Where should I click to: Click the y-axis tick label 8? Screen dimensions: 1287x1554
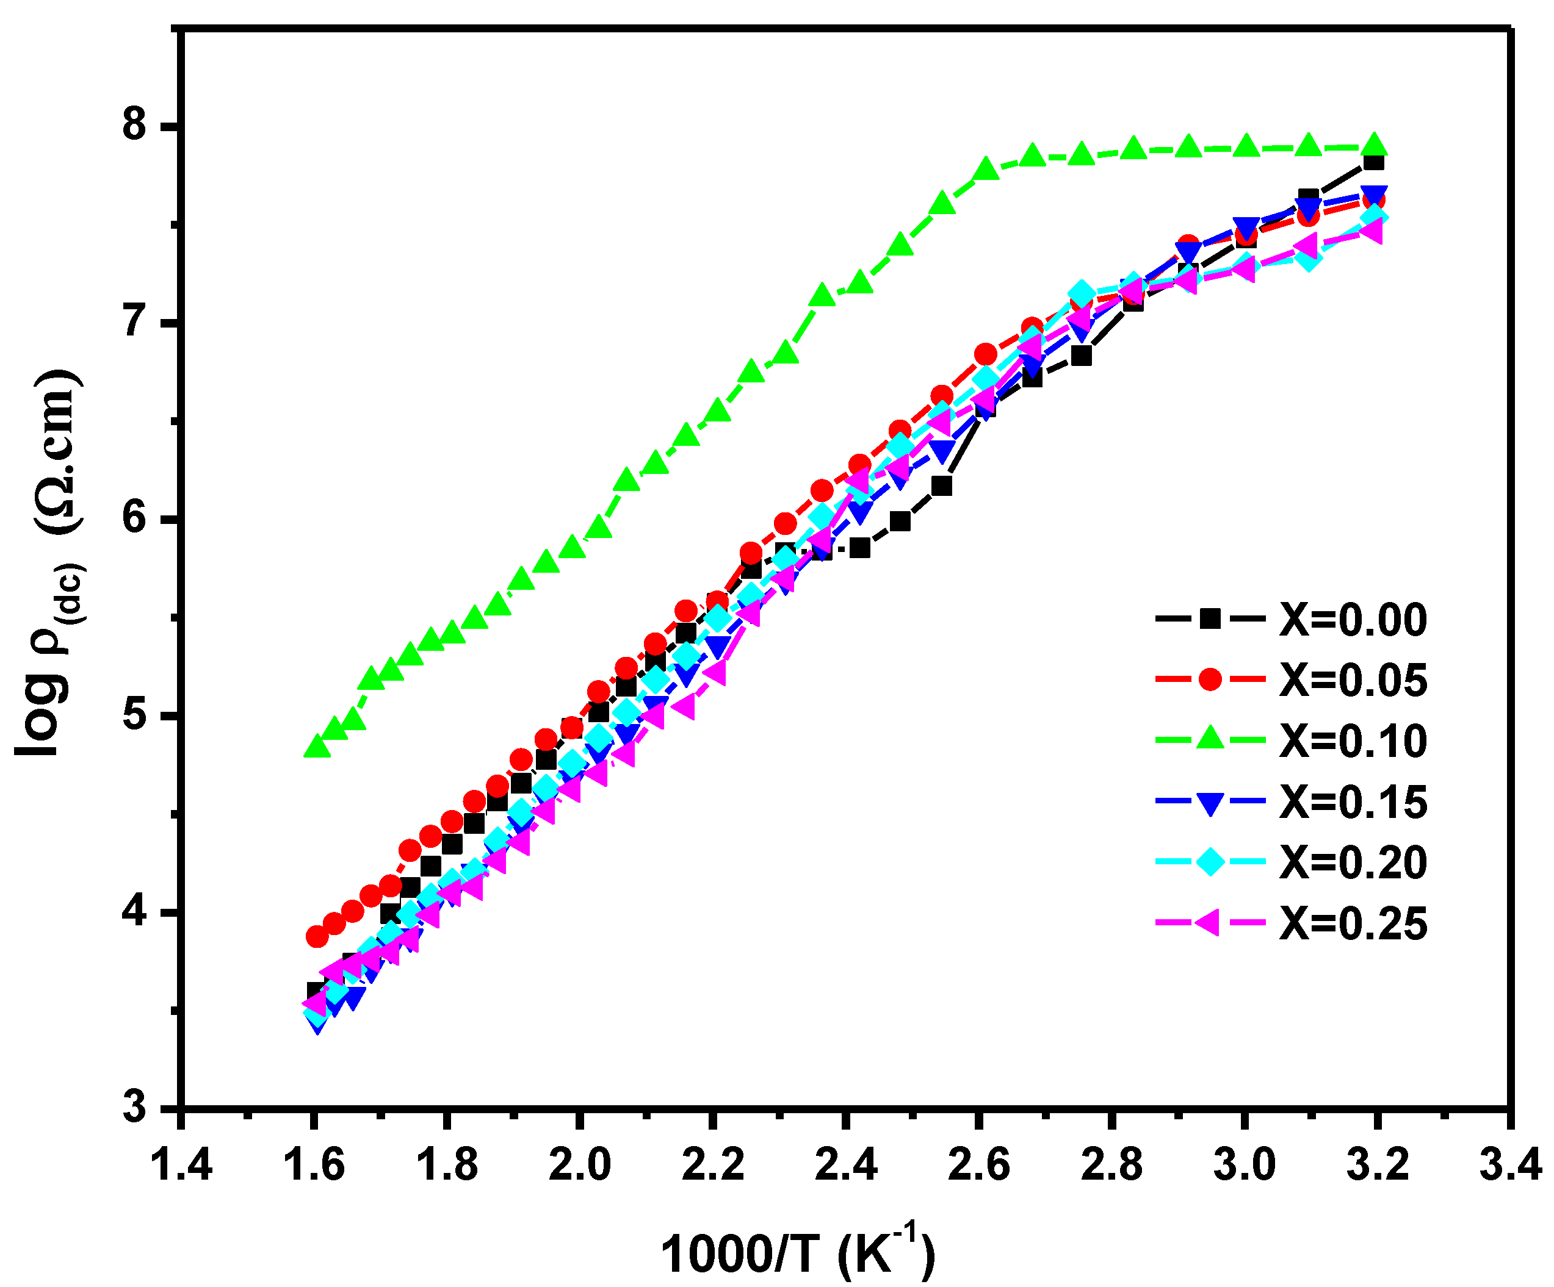[136, 126]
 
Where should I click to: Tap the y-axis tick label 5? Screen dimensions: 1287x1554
[136, 715]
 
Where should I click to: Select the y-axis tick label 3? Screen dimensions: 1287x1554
[136, 1108]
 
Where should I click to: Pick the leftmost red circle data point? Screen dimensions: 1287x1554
[317, 936]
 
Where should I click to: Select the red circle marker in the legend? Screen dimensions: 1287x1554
[1209, 679]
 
